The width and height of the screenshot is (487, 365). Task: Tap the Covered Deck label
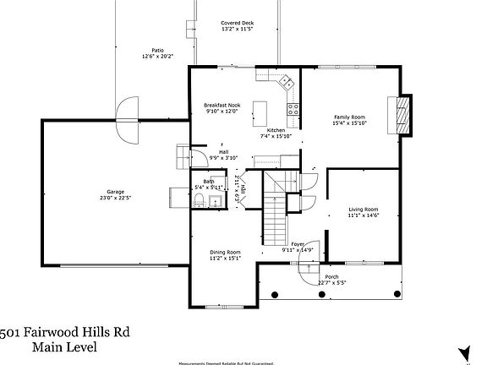[237, 23]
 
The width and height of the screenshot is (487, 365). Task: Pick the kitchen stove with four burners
[293, 108]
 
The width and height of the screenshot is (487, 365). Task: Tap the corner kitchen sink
[287, 82]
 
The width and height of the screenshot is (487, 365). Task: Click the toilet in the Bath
[198, 200]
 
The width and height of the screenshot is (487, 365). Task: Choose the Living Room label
[364, 209]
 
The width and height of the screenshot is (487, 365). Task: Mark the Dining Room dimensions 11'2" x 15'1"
[226, 259]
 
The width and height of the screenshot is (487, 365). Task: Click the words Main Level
[64, 346]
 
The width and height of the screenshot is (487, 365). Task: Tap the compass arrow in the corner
[463, 350]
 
